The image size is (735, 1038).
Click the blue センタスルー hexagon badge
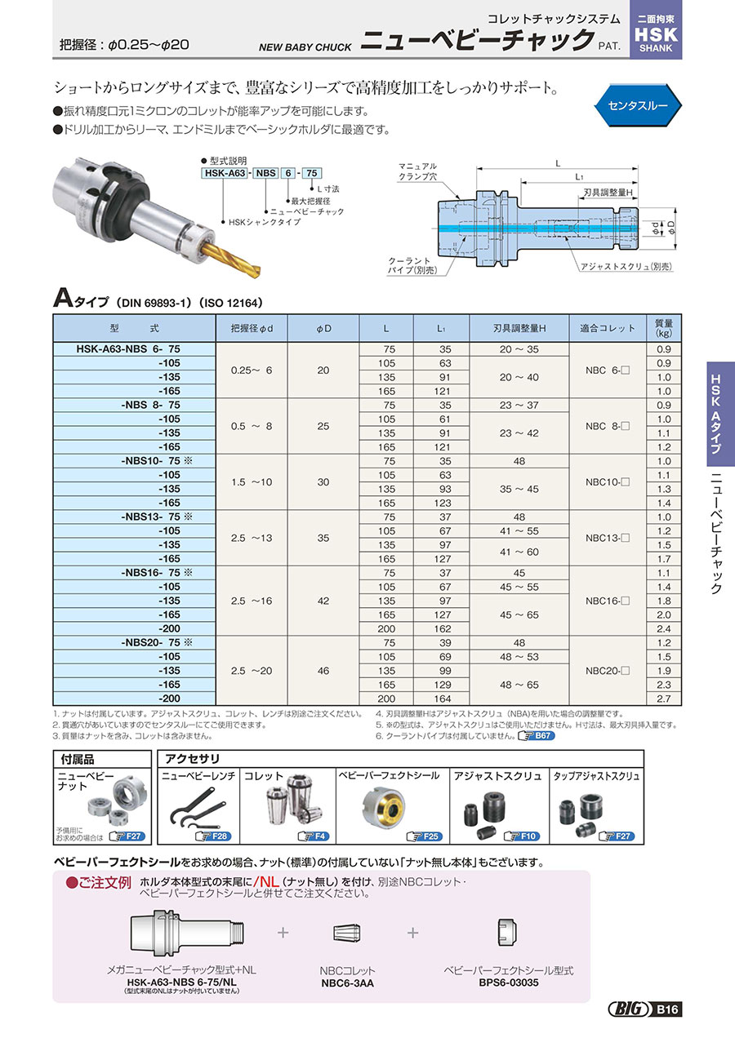[x=638, y=106]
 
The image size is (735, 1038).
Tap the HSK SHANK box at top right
[x=657, y=31]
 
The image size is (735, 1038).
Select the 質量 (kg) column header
[x=663, y=328]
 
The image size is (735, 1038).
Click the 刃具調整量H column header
[x=519, y=328]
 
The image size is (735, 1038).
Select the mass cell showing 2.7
[x=663, y=699]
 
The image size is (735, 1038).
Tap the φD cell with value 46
[x=323, y=671]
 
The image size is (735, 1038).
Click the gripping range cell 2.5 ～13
[x=252, y=538]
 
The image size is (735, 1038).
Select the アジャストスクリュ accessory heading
[x=498, y=776]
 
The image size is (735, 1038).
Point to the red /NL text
[x=268, y=881]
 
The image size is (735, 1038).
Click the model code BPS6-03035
[x=508, y=983]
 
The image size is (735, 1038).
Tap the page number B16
[x=667, y=1010]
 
